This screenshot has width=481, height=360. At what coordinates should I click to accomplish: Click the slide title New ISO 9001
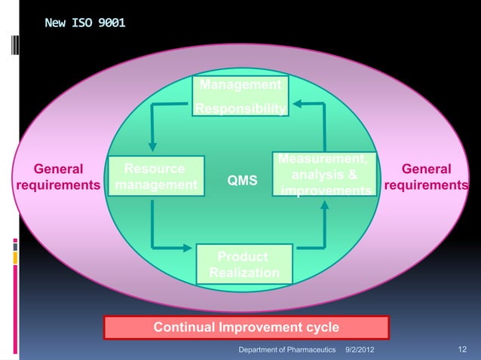click(85, 23)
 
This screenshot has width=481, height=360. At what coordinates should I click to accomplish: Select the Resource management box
click(157, 177)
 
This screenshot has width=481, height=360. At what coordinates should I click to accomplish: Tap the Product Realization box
click(244, 264)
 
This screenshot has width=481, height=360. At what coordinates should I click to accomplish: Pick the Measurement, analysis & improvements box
click(325, 175)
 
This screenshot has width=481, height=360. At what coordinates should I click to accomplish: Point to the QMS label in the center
click(242, 181)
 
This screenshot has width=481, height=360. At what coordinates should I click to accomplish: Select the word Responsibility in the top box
click(240, 111)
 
